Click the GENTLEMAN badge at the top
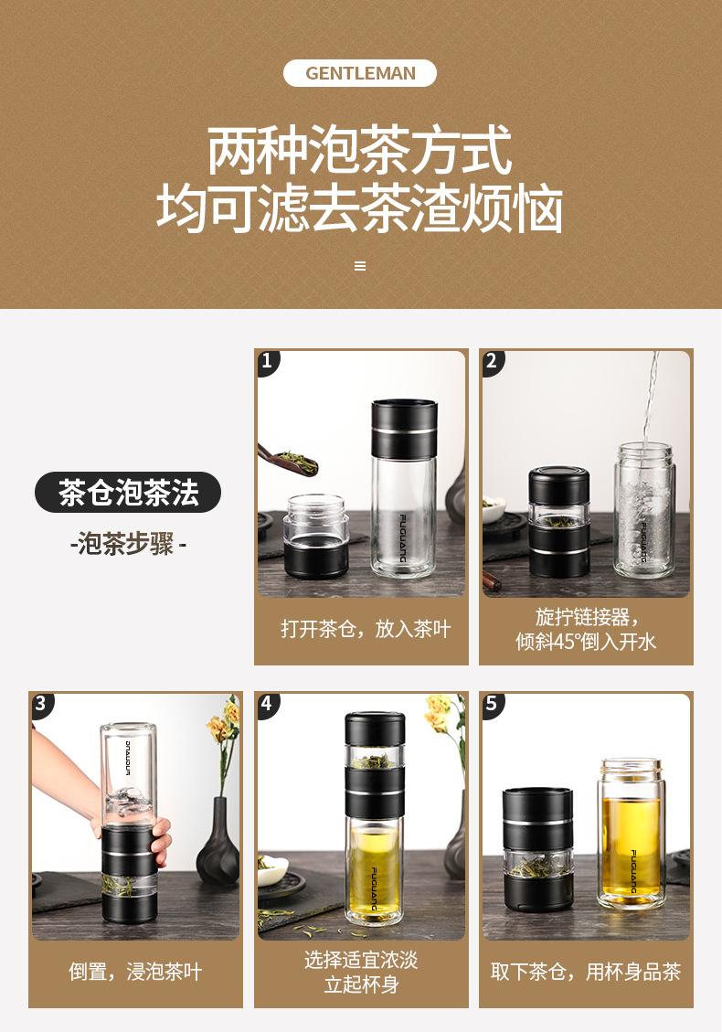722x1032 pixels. click(360, 73)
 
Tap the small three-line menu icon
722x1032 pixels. click(360, 266)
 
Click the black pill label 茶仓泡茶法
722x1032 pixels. click(128, 493)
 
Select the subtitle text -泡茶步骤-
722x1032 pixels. click(128, 544)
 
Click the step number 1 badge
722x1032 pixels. click(267, 361)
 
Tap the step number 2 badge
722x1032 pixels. click(492, 361)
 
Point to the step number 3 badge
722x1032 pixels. click(41, 703)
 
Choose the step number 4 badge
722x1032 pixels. click(267, 703)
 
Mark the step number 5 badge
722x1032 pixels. click(492, 703)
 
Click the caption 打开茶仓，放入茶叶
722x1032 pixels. click(366, 629)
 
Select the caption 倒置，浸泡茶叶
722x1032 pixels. click(135, 972)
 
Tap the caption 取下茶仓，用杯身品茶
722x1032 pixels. click(585, 972)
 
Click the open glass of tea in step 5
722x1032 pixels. click(630, 834)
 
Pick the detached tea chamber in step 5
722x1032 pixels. click(537, 849)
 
